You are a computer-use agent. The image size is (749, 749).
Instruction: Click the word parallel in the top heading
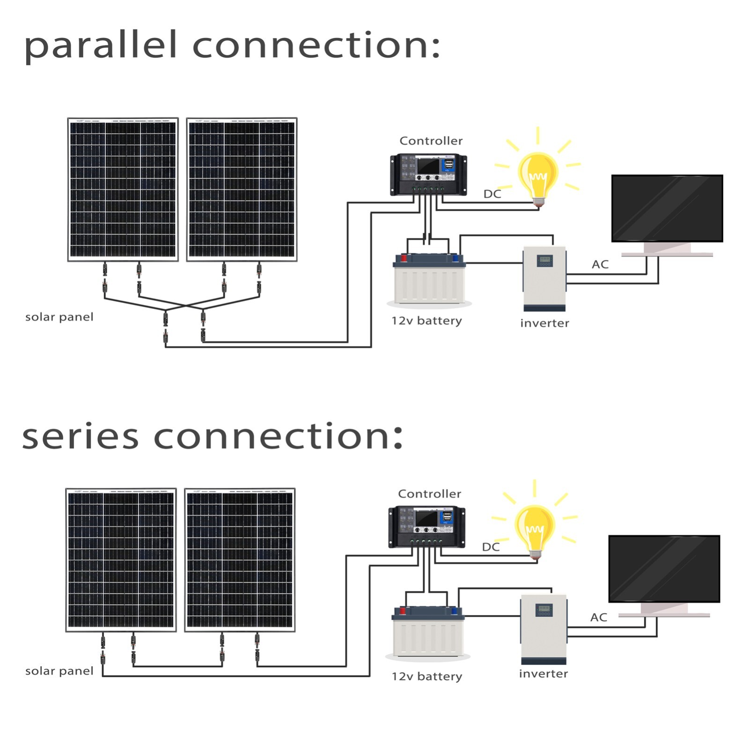[x=101, y=45]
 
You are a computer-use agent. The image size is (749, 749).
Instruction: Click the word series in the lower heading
[x=80, y=436]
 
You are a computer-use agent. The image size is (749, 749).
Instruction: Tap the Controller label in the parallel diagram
[x=431, y=141]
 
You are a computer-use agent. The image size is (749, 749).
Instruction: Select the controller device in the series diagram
[x=427, y=527]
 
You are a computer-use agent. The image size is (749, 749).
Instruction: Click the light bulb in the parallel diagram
[x=538, y=176]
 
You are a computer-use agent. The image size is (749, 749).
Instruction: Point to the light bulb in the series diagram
[x=535, y=529]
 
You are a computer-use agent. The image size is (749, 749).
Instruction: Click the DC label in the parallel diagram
[x=492, y=194]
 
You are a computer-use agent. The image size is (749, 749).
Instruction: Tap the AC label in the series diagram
[x=599, y=617]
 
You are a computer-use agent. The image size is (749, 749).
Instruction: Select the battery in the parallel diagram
[x=429, y=279]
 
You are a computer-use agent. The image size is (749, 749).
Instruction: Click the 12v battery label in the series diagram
[x=426, y=676]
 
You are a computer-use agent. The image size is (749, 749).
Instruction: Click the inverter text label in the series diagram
[x=543, y=674]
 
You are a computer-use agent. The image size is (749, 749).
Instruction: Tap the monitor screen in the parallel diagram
[x=667, y=208]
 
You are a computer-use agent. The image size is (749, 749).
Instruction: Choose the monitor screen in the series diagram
[x=664, y=569]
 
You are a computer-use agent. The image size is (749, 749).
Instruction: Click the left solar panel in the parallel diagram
[x=123, y=190]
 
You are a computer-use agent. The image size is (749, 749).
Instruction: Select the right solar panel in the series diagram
[x=240, y=560]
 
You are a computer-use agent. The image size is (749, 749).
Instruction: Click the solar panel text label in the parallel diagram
[x=59, y=317]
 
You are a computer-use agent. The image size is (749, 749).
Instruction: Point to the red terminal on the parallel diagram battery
[x=404, y=258]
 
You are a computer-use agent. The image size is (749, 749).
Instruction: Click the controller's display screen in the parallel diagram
[x=428, y=166]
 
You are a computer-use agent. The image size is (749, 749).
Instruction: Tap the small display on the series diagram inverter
[x=544, y=609]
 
